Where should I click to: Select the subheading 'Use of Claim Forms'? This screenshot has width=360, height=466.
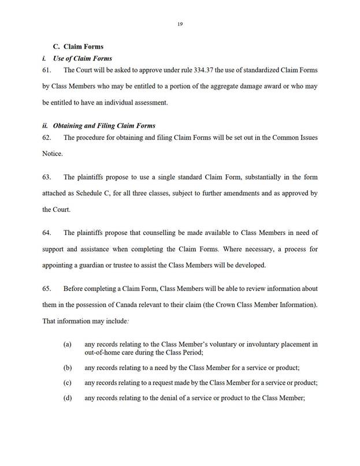click(82, 58)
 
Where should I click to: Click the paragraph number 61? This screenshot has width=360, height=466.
click(49, 70)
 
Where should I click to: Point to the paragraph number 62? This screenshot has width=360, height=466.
click(49, 138)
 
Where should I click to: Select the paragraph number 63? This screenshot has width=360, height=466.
click(49, 177)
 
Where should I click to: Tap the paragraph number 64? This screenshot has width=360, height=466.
click(49, 233)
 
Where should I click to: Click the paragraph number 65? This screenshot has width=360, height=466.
click(49, 288)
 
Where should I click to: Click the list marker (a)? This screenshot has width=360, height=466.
click(67, 345)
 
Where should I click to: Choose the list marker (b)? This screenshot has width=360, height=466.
click(67, 367)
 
